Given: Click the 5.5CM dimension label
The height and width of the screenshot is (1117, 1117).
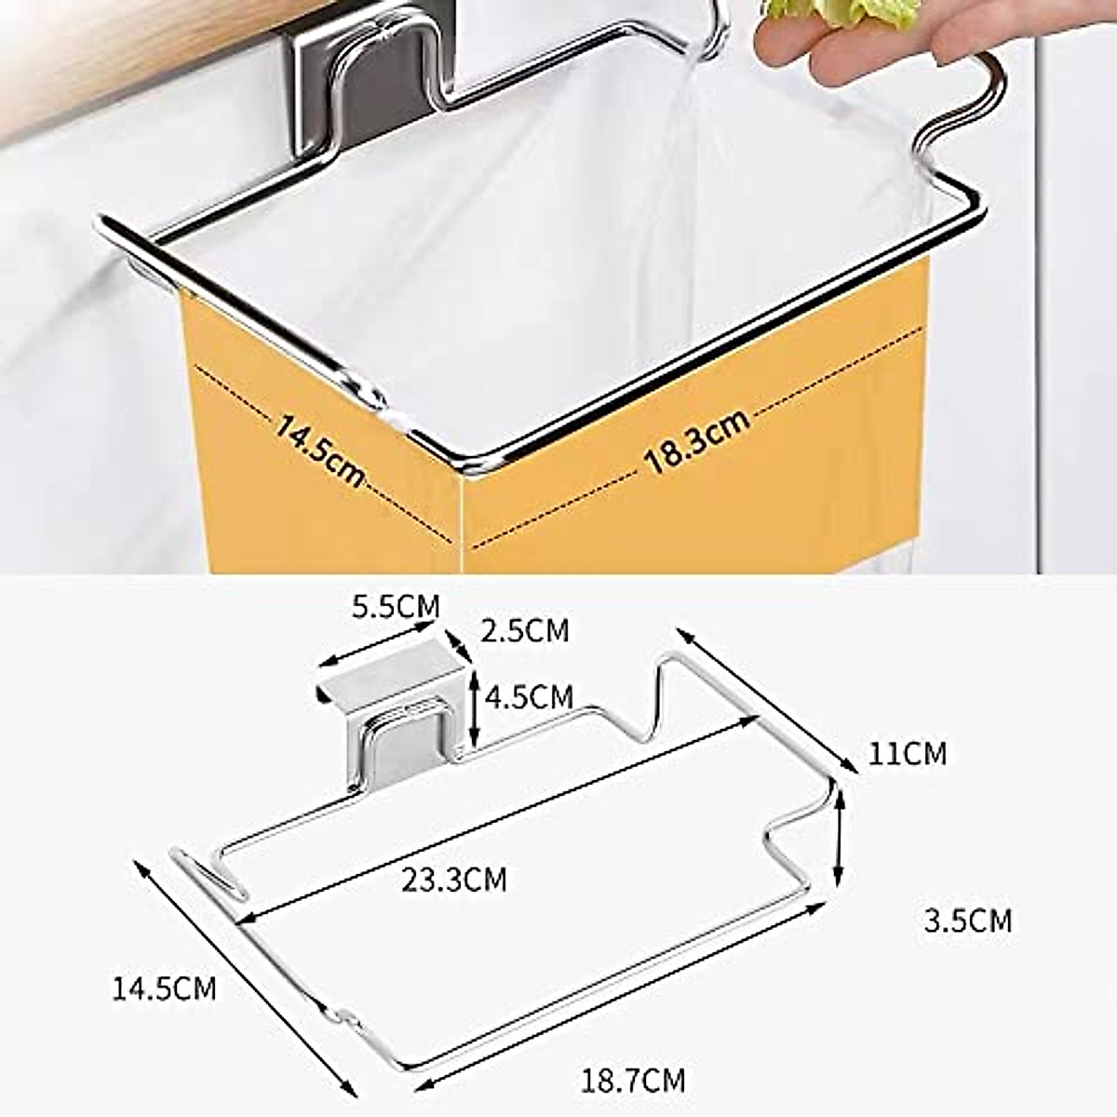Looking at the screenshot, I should point(395,606).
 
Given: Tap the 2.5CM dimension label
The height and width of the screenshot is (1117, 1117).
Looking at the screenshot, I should point(524,630).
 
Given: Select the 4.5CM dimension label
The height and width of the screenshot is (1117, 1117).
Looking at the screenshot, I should point(528,696).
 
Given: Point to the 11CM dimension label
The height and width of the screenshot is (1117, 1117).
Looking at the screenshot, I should point(907,753).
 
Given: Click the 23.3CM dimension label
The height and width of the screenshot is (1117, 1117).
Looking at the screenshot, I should point(454,878).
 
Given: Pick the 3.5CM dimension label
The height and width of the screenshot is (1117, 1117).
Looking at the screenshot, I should point(967,921).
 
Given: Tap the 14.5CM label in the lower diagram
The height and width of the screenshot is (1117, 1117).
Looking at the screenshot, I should point(164,988).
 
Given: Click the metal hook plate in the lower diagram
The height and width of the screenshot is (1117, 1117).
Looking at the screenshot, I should point(400,735).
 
